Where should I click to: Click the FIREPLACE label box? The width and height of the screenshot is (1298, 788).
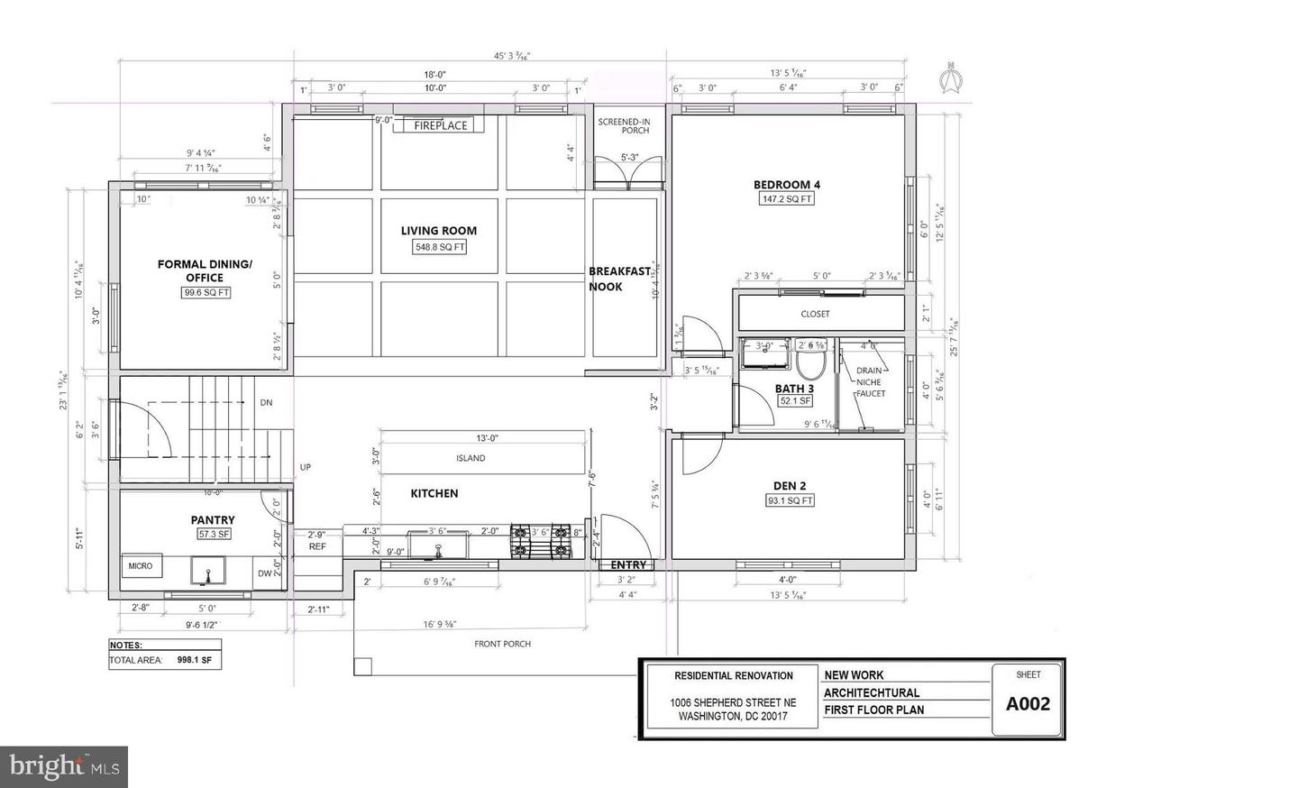[x=441, y=125]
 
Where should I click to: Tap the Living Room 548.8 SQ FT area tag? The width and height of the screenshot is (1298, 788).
[x=439, y=247]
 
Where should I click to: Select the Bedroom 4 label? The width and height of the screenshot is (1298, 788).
[x=787, y=185]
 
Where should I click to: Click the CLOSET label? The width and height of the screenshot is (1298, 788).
[x=815, y=314]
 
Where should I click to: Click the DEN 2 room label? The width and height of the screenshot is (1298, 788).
[x=789, y=486]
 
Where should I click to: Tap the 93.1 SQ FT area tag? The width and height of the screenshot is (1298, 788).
[x=790, y=500]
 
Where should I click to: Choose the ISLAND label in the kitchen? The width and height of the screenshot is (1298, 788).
[x=471, y=458]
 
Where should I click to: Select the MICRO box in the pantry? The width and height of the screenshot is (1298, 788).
[x=141, y=566]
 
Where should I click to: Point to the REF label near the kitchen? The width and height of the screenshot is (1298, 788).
[x=317, y=546]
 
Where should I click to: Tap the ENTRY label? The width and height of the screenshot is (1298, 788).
[x=628, y=565]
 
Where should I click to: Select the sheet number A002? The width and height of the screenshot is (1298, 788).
[x=1028, y=704]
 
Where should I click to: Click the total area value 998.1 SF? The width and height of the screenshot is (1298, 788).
[x=194, y=660]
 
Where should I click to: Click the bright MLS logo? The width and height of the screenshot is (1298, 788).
[x=63, y=767]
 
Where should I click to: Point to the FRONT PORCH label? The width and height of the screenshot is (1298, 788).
[x=502, y=644]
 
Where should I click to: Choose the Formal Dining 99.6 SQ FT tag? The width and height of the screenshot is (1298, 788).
[x=205, y=292]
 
